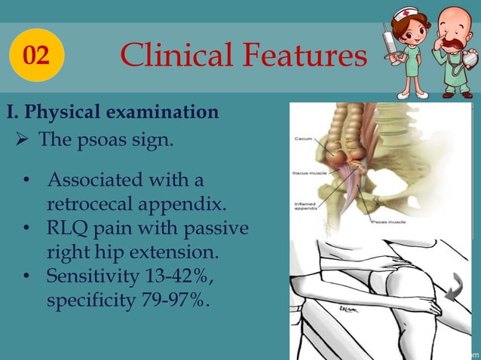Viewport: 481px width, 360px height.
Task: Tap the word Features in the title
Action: [304, 55]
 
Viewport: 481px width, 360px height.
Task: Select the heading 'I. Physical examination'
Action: [113, 113]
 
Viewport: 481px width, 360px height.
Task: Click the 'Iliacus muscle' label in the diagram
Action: [308, 172]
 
